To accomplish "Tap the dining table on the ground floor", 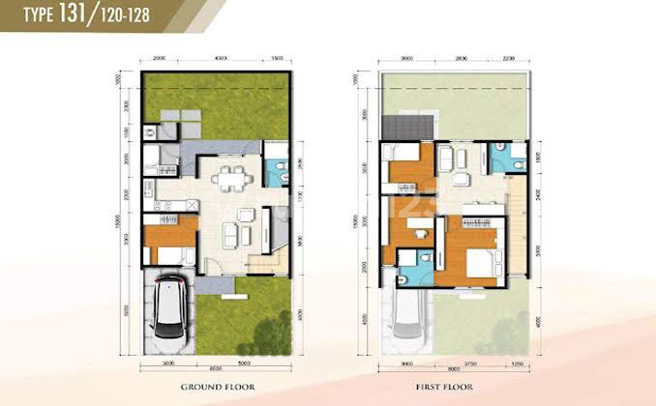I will coord(229,180).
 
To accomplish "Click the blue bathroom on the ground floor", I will coord(276,170).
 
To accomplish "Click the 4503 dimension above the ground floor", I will coord(220,57).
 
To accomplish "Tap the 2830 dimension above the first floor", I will coord(462,57).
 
